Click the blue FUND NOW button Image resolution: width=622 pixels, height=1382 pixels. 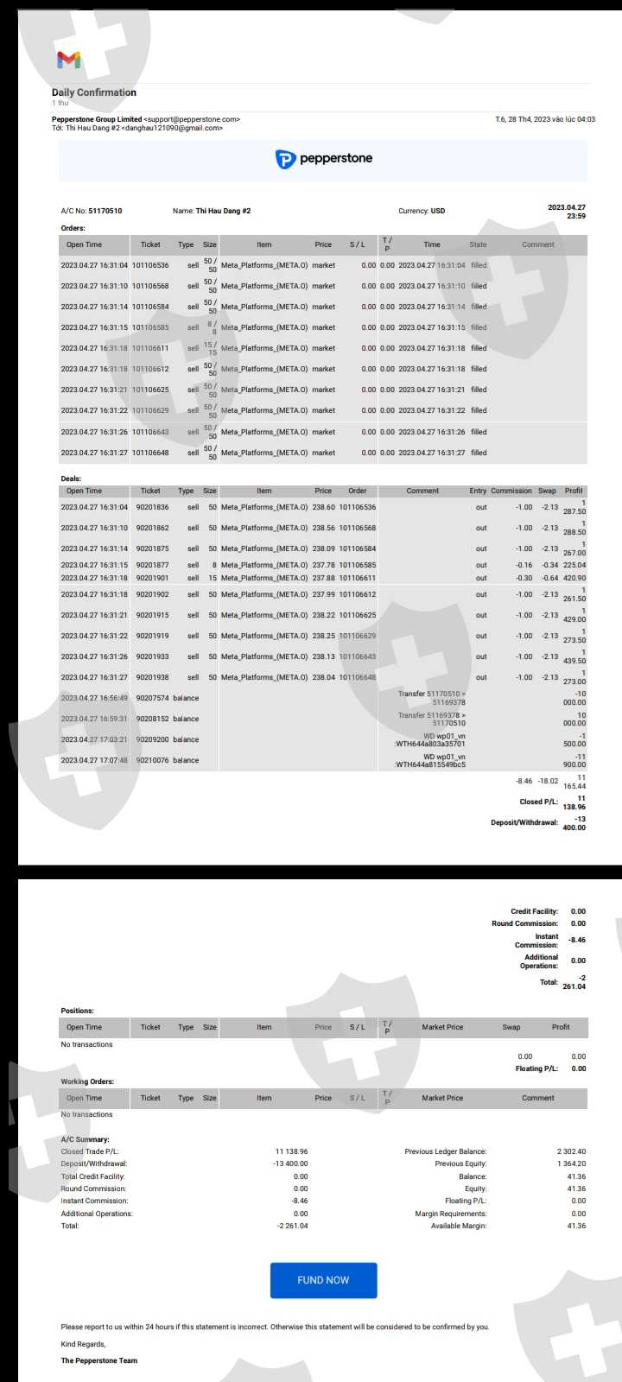323,1280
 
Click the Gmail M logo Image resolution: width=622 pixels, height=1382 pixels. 69,60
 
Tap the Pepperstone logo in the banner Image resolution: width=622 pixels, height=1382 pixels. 323,159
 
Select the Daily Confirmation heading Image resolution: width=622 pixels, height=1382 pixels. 94,92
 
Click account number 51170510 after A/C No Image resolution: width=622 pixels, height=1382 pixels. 105,211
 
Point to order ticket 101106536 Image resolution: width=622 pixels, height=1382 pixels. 150,265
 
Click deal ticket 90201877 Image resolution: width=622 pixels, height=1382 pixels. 152,565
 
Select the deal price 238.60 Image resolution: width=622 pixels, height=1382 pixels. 323,507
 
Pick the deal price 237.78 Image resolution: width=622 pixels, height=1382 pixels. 323,565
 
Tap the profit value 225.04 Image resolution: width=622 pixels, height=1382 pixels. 574,565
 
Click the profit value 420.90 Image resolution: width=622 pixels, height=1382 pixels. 574,578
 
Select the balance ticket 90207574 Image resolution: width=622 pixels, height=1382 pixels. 152,698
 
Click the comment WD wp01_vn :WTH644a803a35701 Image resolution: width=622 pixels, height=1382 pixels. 431,739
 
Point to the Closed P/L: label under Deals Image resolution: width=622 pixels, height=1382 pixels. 538,802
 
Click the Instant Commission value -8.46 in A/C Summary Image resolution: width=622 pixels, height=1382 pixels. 300,1201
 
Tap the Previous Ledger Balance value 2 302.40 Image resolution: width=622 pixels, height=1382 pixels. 571,1151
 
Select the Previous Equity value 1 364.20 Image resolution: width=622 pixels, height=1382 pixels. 571,1163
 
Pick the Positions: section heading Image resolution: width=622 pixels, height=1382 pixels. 78,1011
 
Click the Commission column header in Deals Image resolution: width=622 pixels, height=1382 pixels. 511,491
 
